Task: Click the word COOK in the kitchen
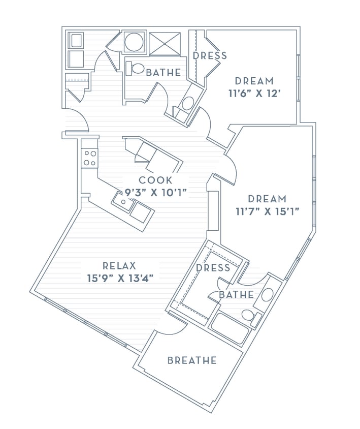(x=156, y=180)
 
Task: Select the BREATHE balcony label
(x=192, y=360)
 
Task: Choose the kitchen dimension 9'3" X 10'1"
(x=156, y=192)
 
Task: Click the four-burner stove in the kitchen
(x=90, y=158)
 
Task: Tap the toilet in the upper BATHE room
(x=136, y=68)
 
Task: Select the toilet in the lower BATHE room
(x=249, y=315)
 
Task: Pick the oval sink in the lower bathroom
(x=267, y=294)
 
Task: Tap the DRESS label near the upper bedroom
(x=210, y=55)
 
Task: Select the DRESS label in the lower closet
(x=213, y=267)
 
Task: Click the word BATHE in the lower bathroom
(x=236, y=294)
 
